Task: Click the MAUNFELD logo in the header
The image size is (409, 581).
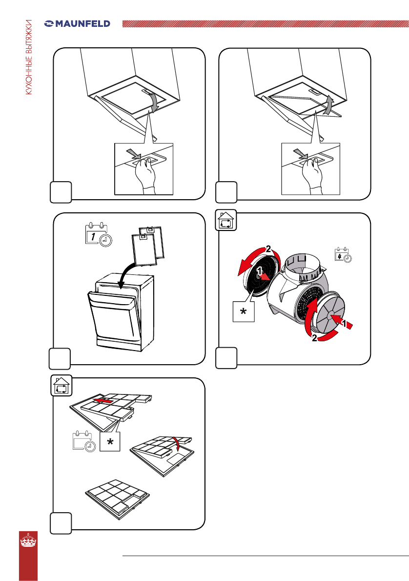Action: point(77,23)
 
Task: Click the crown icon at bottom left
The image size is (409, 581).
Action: point(28,543)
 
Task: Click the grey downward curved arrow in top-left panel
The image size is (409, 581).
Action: point(154,103)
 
